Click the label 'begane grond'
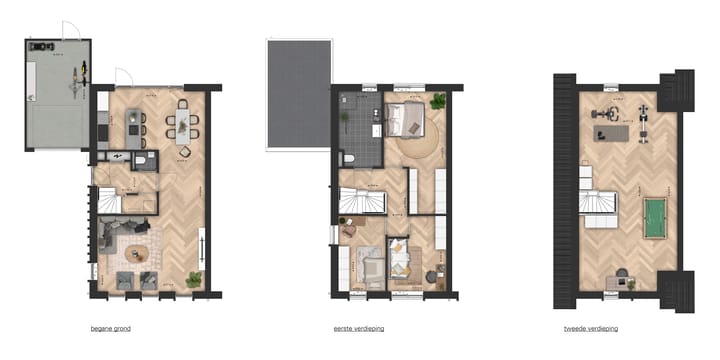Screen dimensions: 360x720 tap(109, 329)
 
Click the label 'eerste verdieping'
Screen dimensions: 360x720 tap(359, 329)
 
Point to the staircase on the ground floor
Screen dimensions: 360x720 tap(106, 201)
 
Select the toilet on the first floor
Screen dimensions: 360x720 tap(347, 158)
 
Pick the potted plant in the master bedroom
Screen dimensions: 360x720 tap(437, 100)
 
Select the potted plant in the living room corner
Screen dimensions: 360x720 tap(194, 279)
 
